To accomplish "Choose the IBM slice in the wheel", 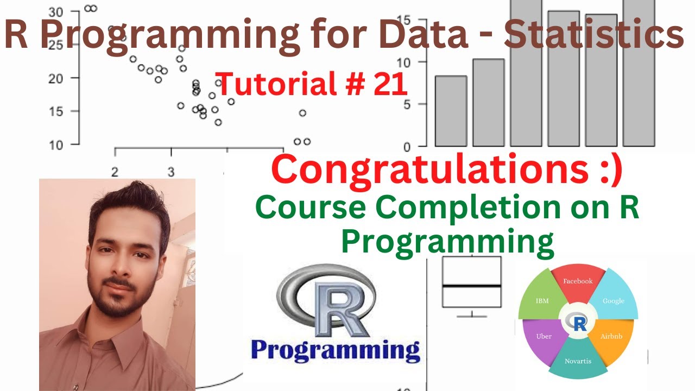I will (x=542, y=300).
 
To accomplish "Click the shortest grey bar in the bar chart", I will (x=451, y=111).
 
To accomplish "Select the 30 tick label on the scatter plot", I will (x=56, y=11).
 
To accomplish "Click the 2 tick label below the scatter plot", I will (x=115, y=172).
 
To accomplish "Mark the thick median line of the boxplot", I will (x=471, y=286).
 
